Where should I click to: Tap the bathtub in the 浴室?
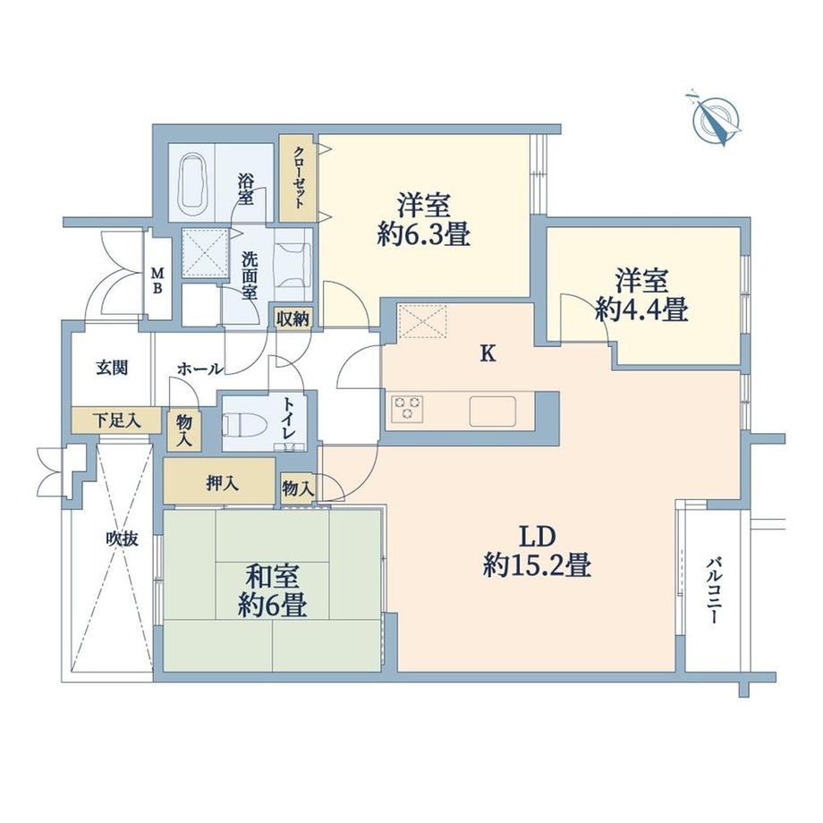(x=193, y=182)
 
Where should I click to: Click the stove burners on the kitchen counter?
(x=407, y=407)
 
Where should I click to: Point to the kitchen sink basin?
(x=493, y=411)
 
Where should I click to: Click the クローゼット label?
(x=298, y=176)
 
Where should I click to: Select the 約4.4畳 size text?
(x=641, y=310)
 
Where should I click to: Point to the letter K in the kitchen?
(x=488, y=354)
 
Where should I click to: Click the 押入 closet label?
(x=222, y=483)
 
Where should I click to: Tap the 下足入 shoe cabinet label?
(x=117, y=419)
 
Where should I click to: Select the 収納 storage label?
(x=293, y=318)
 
